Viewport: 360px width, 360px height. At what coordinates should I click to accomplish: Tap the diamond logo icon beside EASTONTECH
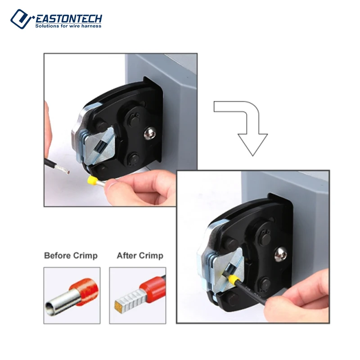(21, 19)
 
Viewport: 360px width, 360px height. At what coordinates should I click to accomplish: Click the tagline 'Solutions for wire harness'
(68, 26)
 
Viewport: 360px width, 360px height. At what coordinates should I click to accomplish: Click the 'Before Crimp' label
(71, 256)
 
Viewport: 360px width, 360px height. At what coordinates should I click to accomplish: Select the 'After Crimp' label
(140, 256)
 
